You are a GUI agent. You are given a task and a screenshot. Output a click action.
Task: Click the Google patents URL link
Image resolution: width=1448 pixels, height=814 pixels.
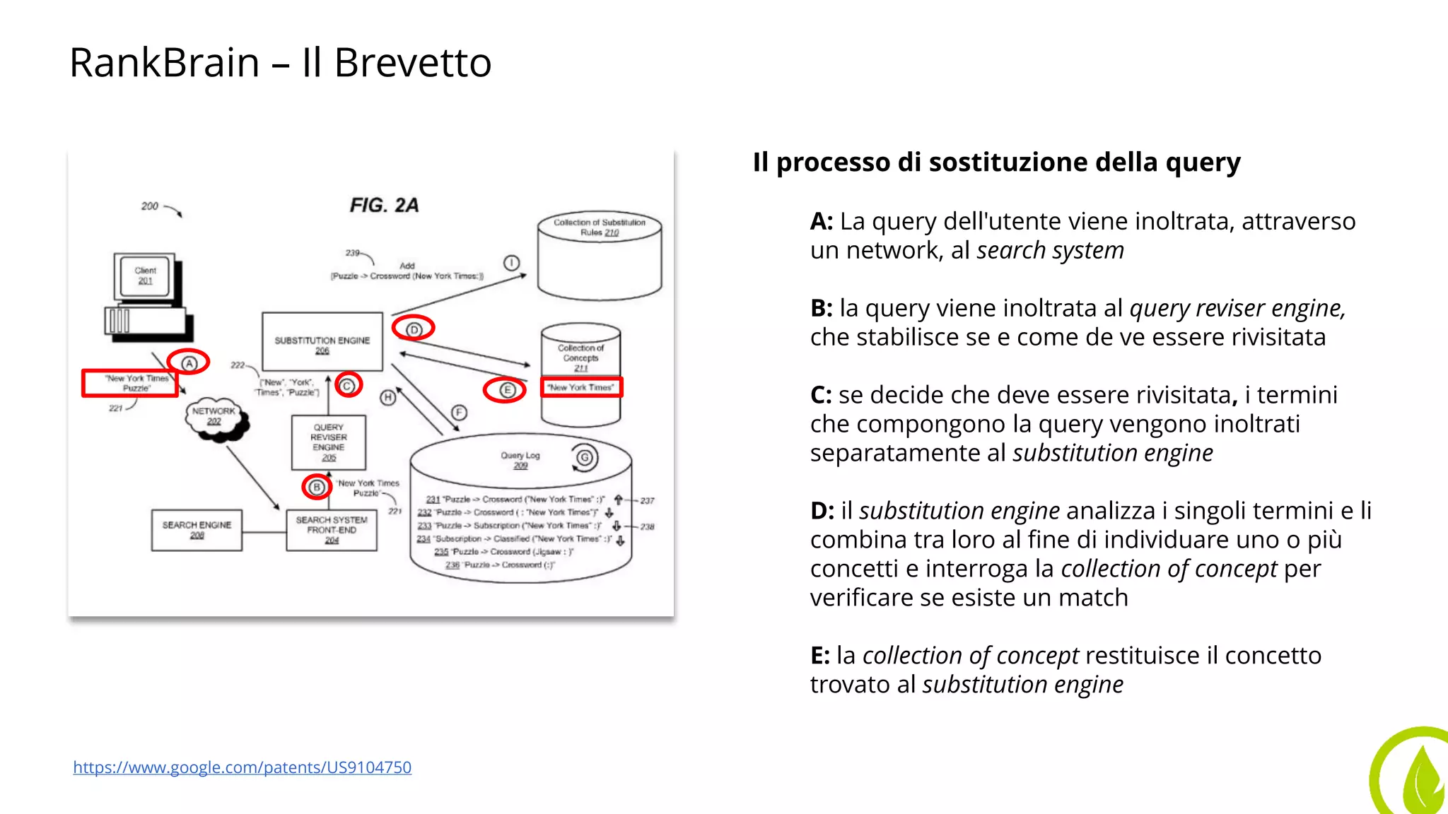242,767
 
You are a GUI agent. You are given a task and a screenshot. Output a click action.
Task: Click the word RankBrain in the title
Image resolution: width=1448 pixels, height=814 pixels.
164,63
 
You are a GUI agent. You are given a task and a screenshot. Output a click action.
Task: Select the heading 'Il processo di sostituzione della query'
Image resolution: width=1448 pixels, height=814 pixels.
996,163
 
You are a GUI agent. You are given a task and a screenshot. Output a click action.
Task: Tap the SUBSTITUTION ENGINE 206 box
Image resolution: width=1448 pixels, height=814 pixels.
322,342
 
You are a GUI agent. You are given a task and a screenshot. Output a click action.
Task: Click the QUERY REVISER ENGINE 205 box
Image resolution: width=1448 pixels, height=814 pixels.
329,442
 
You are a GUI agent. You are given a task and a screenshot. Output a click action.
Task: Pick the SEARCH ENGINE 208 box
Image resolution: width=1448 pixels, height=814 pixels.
197,530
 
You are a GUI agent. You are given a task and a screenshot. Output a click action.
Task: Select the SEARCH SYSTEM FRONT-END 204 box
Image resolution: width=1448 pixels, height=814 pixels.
332,530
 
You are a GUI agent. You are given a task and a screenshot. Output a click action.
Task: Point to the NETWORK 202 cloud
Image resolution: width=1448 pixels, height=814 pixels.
215,418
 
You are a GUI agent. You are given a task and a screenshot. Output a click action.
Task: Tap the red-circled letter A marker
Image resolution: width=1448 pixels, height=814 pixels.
189,363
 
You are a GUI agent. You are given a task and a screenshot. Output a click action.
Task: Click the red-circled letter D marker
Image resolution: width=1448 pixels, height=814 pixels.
414,329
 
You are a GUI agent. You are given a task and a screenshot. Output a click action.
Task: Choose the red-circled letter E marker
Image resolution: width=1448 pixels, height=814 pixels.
506,390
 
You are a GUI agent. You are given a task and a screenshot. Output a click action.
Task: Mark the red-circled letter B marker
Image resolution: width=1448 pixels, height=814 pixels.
317,487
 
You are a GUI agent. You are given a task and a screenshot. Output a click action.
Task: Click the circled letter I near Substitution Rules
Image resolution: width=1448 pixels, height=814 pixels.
512,264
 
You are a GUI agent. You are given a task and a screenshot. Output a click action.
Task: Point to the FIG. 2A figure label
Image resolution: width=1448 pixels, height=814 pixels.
384,206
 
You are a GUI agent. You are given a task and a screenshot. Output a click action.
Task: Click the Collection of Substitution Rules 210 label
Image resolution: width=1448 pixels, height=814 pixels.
600,227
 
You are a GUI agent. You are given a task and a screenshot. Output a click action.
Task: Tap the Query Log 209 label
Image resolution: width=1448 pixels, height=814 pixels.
520,460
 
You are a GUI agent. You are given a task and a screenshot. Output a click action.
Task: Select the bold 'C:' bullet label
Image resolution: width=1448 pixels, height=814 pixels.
821,395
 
